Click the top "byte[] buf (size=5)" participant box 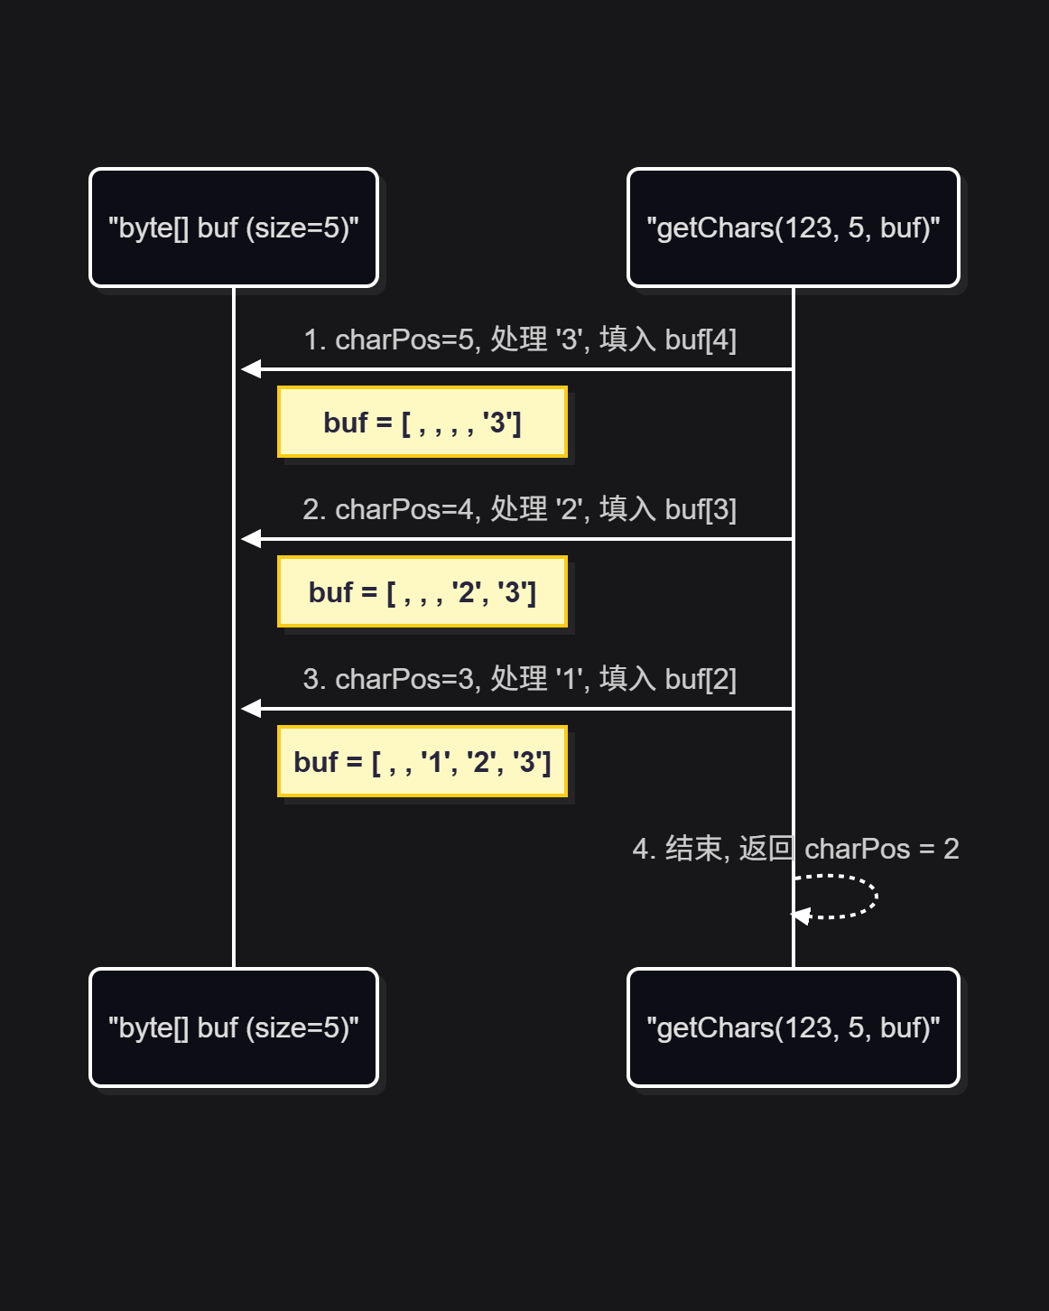234,228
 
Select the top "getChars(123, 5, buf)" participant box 793,228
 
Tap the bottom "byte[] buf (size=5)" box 234,1027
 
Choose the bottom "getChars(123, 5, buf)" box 793,1027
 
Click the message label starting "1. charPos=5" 520,339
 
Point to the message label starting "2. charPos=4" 520,509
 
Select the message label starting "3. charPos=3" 520,679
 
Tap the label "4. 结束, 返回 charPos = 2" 795,849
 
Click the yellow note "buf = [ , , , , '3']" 422,423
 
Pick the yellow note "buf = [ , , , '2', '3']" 422,592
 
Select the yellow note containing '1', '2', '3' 422,762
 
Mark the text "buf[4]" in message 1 701,339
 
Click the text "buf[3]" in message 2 701,509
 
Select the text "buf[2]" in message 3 701,679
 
